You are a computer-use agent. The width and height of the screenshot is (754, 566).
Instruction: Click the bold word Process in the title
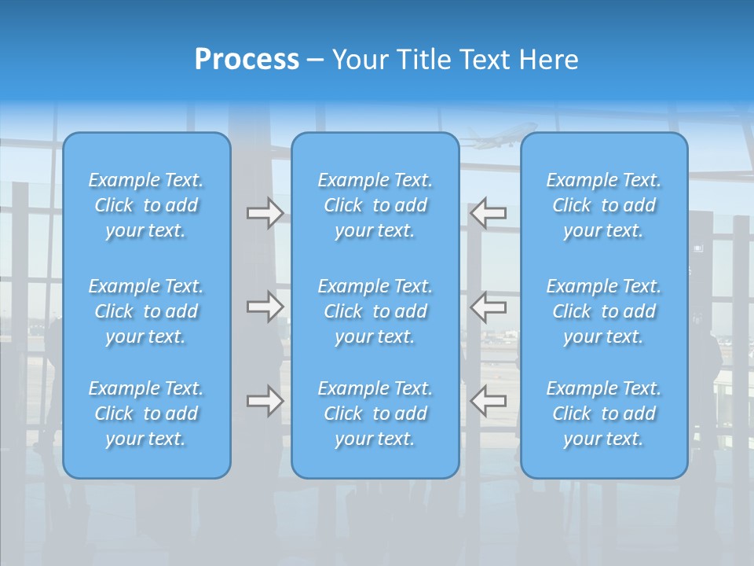click(247, 60)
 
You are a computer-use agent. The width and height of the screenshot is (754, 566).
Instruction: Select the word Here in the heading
click(549, 60)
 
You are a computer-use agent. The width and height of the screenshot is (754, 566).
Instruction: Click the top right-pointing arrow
click(265, 213)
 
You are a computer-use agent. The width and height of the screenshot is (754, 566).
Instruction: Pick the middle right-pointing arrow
click(265, 306)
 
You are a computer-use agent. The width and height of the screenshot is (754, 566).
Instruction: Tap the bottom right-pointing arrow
click(265, 401)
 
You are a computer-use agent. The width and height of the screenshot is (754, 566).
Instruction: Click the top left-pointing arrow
click(489, 213)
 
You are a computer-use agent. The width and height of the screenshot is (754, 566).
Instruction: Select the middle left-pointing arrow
click(489, 306)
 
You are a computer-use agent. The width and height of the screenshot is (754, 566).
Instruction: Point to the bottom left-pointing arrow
click(489, 401)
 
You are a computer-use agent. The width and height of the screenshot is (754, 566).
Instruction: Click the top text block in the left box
click(146, 205)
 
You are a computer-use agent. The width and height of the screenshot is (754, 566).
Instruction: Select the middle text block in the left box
click(146, 311)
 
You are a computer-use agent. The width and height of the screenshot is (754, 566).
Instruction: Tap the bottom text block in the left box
click(146, 413)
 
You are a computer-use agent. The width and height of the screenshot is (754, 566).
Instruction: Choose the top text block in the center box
click(375, 205)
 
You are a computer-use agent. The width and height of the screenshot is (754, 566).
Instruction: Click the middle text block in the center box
click(375, 311)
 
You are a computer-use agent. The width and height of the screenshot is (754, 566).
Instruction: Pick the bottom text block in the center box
click(375, 413)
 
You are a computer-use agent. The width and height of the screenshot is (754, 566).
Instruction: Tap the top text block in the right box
click(603, 205)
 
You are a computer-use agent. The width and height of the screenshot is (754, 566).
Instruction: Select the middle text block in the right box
click(603, 311)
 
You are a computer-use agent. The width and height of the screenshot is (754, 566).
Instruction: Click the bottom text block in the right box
click(603, 413)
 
